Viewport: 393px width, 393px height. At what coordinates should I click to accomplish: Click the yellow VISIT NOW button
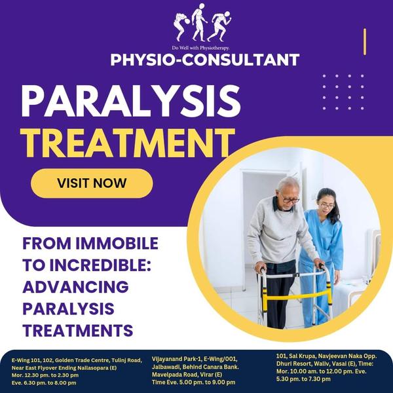coord(92,183)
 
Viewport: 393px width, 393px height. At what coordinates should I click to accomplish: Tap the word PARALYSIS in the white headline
coord(131,101)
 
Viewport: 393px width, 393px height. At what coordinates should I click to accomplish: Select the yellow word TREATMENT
coord(127,143)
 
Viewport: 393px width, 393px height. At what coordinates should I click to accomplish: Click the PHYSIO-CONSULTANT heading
coord(205,60)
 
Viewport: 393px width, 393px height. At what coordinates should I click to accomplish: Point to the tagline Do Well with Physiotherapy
coord(200,48)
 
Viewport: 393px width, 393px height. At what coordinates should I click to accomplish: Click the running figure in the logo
coord(219,26)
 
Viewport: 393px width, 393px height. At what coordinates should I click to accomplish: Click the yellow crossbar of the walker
coord(297,297)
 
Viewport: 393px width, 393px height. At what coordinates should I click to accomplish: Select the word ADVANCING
coord(75,287)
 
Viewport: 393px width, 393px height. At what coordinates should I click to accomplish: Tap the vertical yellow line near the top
coord(365,42)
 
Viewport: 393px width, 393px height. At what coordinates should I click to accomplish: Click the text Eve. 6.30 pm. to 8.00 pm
coord(44,383)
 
